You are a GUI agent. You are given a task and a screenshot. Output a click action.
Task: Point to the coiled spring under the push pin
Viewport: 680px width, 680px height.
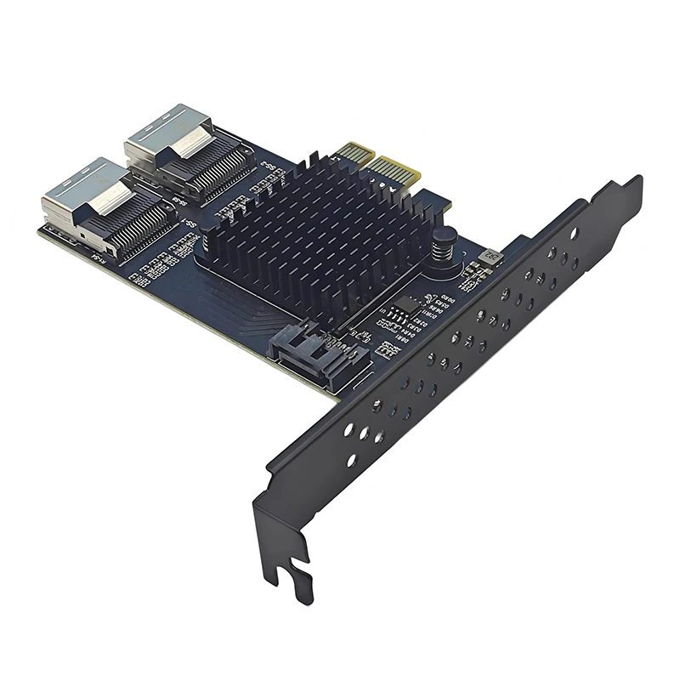point(443,254)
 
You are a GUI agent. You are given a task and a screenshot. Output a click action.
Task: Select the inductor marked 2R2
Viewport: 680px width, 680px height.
point(491,254)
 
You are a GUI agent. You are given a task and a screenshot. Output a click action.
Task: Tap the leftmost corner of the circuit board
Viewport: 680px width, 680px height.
point(37,227)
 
